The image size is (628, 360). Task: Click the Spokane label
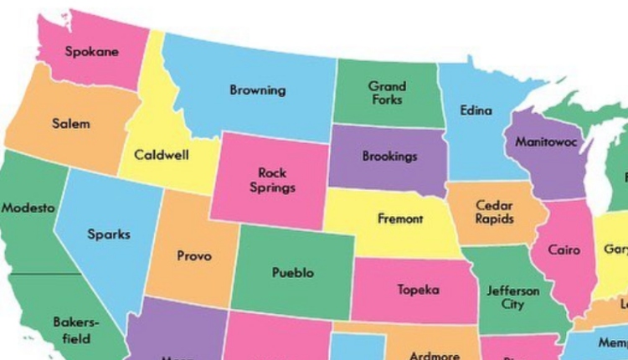[92, 52]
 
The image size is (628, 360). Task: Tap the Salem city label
[70, 124]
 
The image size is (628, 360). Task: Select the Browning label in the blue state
[257, 90]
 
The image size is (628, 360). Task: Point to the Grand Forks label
[387, 93]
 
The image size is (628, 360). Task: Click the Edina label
[476, 111]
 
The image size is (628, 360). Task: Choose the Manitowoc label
[546, 141]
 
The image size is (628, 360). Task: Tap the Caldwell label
[161, 155]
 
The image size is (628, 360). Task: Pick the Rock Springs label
[272, 180]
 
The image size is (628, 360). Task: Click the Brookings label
[389, 157]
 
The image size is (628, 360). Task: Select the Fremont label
[400, 219]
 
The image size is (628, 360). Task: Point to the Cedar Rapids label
[494, 212]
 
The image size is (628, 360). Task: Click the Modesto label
[27, 208]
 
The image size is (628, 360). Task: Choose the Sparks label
[109, 234]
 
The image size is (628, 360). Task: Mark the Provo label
[194, 256]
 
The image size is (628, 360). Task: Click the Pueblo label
[293, 273]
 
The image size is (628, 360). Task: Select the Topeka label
[418, 291]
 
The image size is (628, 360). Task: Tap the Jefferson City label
[513, 297]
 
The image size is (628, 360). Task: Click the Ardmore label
[434, 355]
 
